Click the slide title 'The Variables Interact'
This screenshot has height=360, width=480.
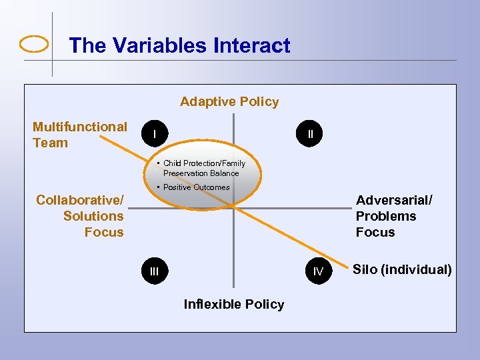tap(179, 45)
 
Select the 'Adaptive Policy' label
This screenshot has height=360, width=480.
tap(229, 101)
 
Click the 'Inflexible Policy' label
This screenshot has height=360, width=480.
tap(233, 304)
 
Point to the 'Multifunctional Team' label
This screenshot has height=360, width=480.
tap(79, 135)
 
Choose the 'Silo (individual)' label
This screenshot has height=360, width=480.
tap(402, 269)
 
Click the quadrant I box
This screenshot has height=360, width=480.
tap(155, 134)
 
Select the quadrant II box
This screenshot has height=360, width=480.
tap(311, 134)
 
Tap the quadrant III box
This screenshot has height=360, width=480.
tap(155, 271)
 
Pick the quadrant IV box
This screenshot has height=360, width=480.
tap(318, 271)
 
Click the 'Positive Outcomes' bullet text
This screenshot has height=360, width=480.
tap(196, 187)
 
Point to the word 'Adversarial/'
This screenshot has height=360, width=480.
tap(394, 200)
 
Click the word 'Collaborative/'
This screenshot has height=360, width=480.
tap(80, 200)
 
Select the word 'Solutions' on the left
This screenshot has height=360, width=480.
tap(93, 216)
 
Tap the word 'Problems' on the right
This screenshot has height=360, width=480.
tap(385, 216)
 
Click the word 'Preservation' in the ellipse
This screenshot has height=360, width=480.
tap(185, 173)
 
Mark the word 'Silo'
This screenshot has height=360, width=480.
tap(365, 269)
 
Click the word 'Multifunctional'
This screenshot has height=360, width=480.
tap(79, 127)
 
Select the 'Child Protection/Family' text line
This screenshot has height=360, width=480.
tap(204, 163)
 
